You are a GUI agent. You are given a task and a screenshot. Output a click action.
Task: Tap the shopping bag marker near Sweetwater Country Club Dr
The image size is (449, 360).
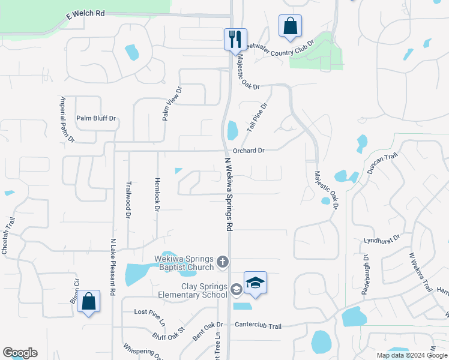pos(290,26)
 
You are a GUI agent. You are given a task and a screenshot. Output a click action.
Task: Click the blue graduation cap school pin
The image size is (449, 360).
pos(255,283)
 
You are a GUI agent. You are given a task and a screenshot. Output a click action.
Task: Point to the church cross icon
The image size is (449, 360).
pos(223,261)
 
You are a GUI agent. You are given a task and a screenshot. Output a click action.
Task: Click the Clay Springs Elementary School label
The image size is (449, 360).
pos(193,290)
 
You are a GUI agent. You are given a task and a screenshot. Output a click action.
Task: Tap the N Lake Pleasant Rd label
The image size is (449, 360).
pos(113,267)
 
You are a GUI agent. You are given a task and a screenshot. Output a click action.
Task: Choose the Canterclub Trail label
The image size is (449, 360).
pos(258,326)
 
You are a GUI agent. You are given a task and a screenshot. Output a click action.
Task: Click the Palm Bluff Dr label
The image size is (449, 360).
pos(95,118)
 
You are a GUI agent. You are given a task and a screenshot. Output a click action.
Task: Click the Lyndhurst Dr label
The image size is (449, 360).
pos(381,239)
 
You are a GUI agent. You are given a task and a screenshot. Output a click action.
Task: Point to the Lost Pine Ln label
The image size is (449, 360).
pos(149,312)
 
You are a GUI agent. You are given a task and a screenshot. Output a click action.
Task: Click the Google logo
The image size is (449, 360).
pos(20,353)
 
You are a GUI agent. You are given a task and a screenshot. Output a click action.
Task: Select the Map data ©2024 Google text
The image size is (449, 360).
pos(412,355)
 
